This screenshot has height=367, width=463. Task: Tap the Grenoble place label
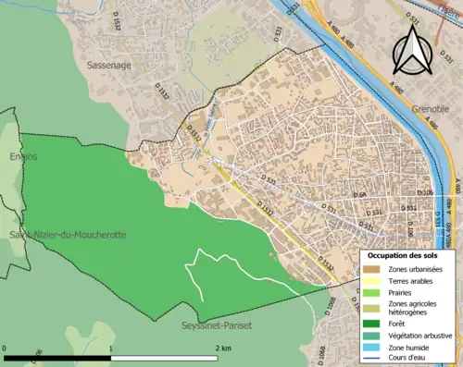click(x=431, y=108)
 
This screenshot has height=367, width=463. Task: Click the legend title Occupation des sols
click(x=403, y=254)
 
